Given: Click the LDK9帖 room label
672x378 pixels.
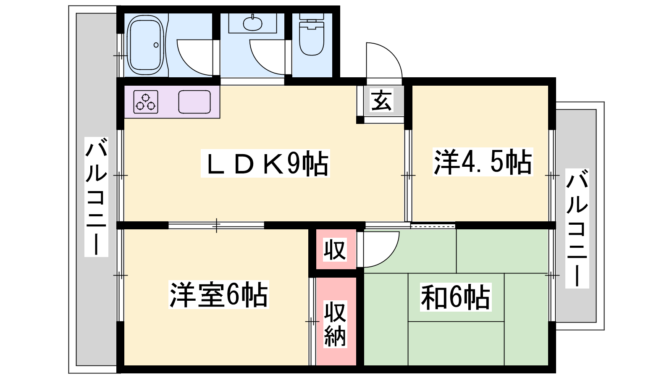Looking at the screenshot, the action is [265, 163].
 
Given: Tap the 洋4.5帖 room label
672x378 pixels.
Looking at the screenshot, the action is [483, 162].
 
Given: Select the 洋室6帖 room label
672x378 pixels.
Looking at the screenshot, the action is [218, 294].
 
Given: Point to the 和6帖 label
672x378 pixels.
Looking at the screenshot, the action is [455, 297].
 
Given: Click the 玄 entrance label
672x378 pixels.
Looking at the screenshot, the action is [381, 101].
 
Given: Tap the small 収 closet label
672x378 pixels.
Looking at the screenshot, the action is [335, 249].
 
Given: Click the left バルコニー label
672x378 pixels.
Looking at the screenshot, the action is [96, 197].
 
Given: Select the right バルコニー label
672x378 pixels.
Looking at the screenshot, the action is [577, 228].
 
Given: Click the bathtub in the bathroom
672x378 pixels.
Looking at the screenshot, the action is [146, 45].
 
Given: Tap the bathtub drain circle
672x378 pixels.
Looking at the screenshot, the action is [156, 45].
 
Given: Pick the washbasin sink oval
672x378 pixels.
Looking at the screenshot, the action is [252, 23].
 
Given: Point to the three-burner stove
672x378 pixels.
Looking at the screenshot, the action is [146, 102].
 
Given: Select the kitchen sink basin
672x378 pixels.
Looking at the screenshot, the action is [194, 102].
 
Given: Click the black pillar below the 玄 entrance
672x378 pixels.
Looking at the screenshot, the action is [360, 120].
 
